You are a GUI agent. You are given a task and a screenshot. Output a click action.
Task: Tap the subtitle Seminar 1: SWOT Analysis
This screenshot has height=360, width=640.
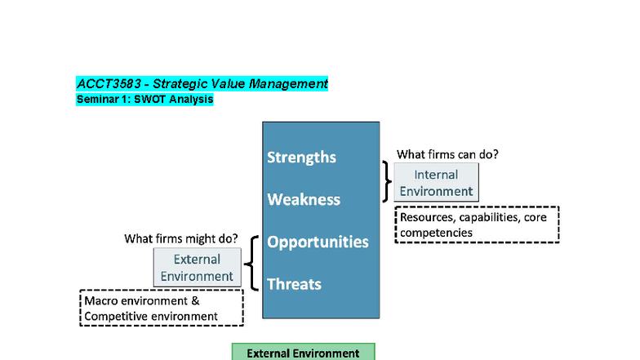tap(144, 100)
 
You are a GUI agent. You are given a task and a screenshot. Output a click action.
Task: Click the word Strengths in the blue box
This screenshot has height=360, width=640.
tap(301, 158)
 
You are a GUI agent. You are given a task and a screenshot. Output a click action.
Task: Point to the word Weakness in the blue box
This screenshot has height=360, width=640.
tap(303, 200)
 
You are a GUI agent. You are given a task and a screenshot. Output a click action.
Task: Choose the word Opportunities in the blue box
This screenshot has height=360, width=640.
tap(318, 242)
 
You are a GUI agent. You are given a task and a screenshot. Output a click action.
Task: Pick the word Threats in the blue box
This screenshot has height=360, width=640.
tap(294, 284)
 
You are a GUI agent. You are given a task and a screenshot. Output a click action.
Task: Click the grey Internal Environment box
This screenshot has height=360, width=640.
tap(436, 183)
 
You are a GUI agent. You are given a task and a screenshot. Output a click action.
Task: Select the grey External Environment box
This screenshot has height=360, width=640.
tap(197, 267)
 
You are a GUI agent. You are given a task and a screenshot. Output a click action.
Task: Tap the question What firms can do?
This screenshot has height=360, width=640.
tap(447, 153)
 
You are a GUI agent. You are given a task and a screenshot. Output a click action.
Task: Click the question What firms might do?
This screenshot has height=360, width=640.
tap(181, 238)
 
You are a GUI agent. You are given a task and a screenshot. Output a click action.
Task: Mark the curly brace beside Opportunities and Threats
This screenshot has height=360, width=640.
tap(253, 263)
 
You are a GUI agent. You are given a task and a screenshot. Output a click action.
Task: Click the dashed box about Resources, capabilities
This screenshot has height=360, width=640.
tap(477, 224)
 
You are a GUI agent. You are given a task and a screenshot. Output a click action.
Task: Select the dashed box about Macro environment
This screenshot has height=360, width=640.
tap(162, 308)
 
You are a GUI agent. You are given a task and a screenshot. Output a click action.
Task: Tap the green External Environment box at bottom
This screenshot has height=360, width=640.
tap(303, 353)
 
